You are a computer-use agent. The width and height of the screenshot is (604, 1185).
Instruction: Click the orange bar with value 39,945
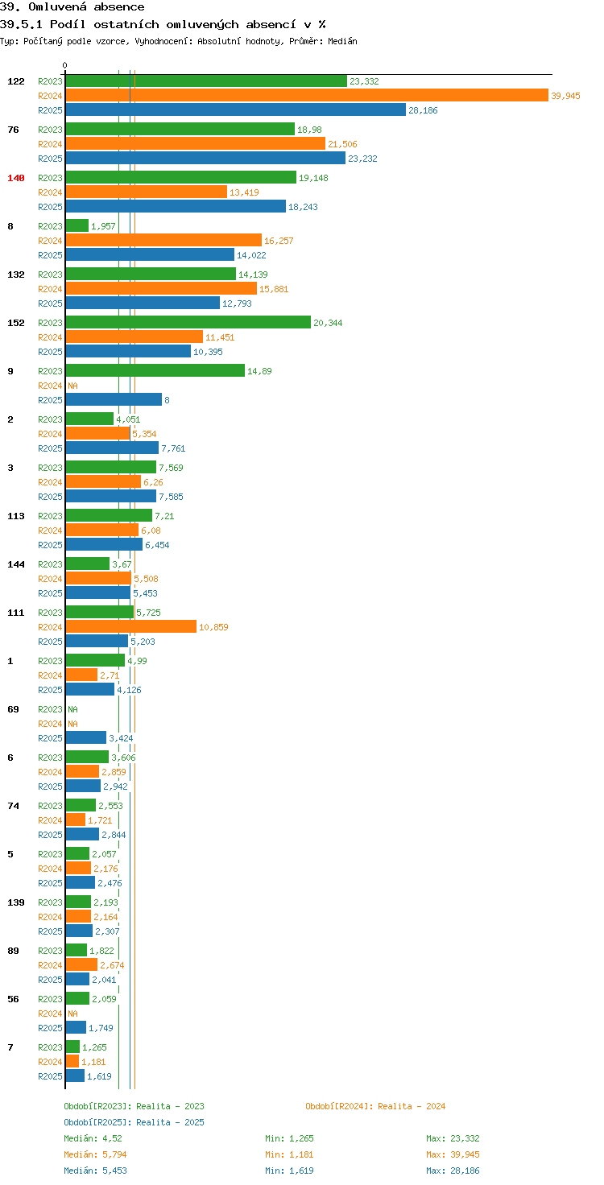(307, 95)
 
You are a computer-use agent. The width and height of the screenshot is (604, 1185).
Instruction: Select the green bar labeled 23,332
(206, 81)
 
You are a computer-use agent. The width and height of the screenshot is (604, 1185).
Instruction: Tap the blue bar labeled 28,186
(236, 110)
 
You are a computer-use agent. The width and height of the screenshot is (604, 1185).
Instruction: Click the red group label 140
(16, 178)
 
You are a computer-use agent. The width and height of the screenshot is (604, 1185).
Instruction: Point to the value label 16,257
(279, 241)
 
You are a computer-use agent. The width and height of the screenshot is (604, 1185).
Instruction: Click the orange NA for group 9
(73, 386)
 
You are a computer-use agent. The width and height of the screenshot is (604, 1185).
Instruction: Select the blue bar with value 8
(114, 400)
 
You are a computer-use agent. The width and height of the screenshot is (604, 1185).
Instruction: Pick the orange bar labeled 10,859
(130, 627)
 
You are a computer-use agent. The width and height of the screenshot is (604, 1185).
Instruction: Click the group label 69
(13, 709)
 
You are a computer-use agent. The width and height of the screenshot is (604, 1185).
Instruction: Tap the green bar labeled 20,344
(188, 323)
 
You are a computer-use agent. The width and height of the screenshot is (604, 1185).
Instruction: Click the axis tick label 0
(64, 65)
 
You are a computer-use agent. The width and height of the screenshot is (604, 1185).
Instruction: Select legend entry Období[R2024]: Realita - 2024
(375, 1106)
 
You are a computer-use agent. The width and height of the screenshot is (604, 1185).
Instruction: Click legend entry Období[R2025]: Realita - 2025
(134, 1122)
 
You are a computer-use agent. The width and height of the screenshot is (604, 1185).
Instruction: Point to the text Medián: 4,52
(93, 1138)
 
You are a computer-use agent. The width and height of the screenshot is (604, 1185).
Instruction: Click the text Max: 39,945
(453, 1154)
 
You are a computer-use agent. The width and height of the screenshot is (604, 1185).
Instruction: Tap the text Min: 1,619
(289, 1171)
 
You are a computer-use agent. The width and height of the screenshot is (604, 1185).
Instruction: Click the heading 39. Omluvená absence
(72, 7)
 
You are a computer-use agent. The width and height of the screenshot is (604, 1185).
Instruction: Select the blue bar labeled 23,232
(205, 158)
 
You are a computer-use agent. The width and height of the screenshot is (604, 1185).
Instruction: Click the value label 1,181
(93, 1062)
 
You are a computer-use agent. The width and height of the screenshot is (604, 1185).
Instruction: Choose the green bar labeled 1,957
(77, 226)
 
